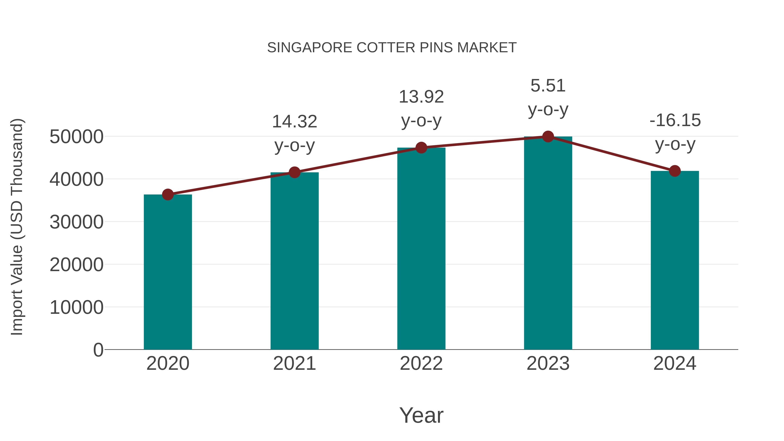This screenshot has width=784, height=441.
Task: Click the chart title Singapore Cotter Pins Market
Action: click(x=392, y=47)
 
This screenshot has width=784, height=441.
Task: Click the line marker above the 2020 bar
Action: click(x=168, y=194)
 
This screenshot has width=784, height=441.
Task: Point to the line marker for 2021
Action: click(x=294, y=172)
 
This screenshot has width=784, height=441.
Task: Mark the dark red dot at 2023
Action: click(x=548, y=137)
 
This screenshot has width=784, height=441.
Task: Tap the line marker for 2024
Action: click(x=675, y=171)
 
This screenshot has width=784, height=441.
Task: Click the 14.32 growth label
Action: click(x=294, y=122)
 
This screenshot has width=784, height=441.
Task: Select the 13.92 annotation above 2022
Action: click(x=421, y=97)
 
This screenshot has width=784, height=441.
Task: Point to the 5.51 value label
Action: click(x=548, y=86)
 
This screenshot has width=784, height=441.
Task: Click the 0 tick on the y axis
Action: click(x=98, y=350)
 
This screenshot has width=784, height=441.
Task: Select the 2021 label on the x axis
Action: click(x=294, y=363)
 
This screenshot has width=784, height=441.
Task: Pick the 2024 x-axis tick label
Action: click(x=675, y=363)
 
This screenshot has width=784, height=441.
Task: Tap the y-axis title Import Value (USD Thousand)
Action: click(x=17, y=227)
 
